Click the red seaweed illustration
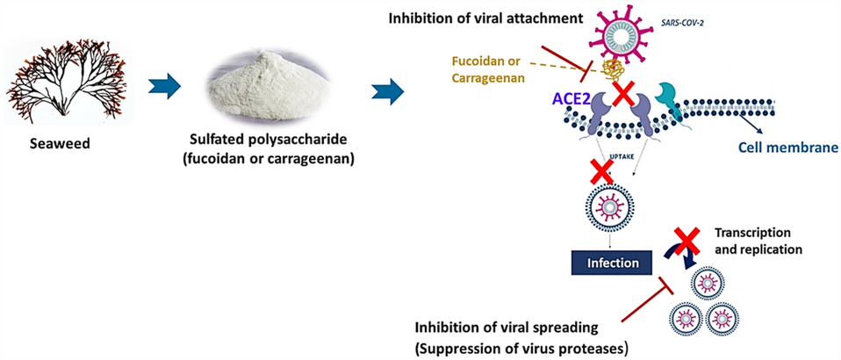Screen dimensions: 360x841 pos(66,88)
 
